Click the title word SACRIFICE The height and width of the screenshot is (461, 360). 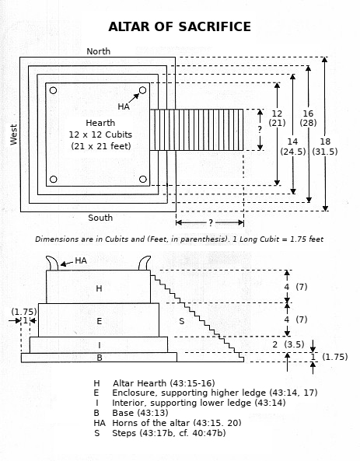215,26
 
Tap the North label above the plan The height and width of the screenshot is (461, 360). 99,51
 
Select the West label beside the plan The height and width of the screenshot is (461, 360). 14,134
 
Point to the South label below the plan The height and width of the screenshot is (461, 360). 100,218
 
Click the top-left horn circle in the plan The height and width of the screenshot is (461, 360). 53,90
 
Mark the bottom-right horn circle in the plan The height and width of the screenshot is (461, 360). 143,179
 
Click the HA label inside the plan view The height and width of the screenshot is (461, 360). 124,107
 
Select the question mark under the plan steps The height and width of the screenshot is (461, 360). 211,223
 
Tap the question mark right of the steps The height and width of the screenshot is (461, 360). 260,129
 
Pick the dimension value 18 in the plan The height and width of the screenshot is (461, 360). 325,141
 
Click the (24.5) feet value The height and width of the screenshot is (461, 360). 293,152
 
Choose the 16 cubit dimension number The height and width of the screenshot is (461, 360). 308,114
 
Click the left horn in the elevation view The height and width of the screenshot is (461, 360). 52,263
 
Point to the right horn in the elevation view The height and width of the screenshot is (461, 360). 145,263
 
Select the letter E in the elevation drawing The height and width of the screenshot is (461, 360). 99,321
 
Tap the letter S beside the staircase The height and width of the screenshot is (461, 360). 182,321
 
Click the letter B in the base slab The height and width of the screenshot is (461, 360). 100,358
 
